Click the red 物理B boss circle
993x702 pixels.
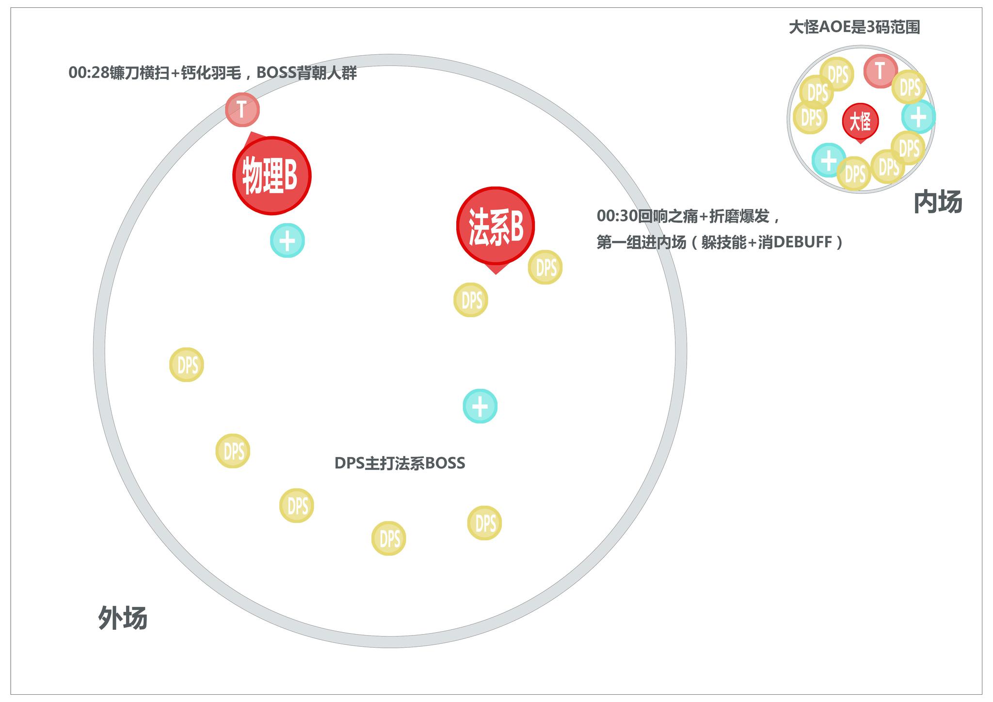[x=272, y=175]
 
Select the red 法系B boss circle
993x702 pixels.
[x=495, y=226]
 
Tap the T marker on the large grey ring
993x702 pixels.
[x=242, y=110]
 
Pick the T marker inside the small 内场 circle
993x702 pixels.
[x=880, y=71]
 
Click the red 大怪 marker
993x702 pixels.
[x=860, y=121]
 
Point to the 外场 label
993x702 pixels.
[x=123, y=618]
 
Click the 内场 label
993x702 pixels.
[x=937, y=202]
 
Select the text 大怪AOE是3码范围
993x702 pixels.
[x=854, y=27]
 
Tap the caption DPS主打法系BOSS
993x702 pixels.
[x=400, y=463]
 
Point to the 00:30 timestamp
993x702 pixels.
[x=617, y=216]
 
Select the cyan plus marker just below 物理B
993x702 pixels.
[x=287, y=240]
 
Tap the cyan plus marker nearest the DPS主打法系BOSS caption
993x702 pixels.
[x=480, y=406]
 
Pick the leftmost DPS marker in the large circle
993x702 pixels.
[x=187, y=365]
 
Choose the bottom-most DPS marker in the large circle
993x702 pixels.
[x=388, y=538]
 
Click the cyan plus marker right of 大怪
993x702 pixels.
[x=918, y=117]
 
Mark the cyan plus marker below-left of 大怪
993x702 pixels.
[x=829, y=160]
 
